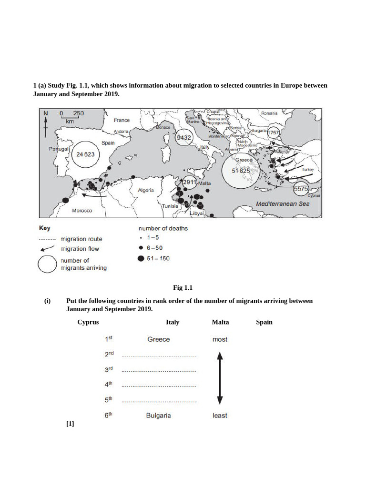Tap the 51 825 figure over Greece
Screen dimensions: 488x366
tap(241, 171)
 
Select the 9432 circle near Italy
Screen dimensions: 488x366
tap(184, 138)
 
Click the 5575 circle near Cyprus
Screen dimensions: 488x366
tap(301, 189)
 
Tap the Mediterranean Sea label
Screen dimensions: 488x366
tap(283, 203)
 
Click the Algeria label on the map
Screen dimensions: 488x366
tap(145, 190)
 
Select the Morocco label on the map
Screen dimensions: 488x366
tap(82, 211)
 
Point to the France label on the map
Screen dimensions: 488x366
tap(122, 120)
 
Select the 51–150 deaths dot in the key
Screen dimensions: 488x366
tap(140, 259)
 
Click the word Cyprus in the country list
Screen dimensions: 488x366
tap(88, 322)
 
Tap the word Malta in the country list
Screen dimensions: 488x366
tap(220, 322)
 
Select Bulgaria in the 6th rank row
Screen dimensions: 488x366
tap(158, 416)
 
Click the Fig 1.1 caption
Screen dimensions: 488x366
tap(183, 287)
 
